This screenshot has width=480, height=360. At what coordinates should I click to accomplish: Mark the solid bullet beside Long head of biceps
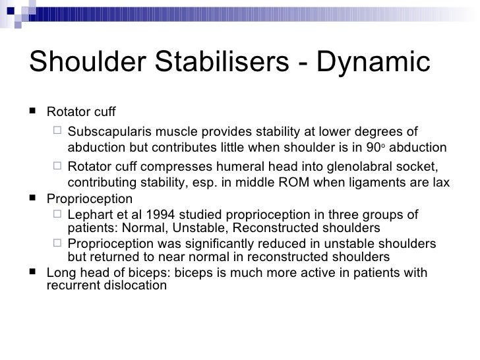(34, 273)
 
